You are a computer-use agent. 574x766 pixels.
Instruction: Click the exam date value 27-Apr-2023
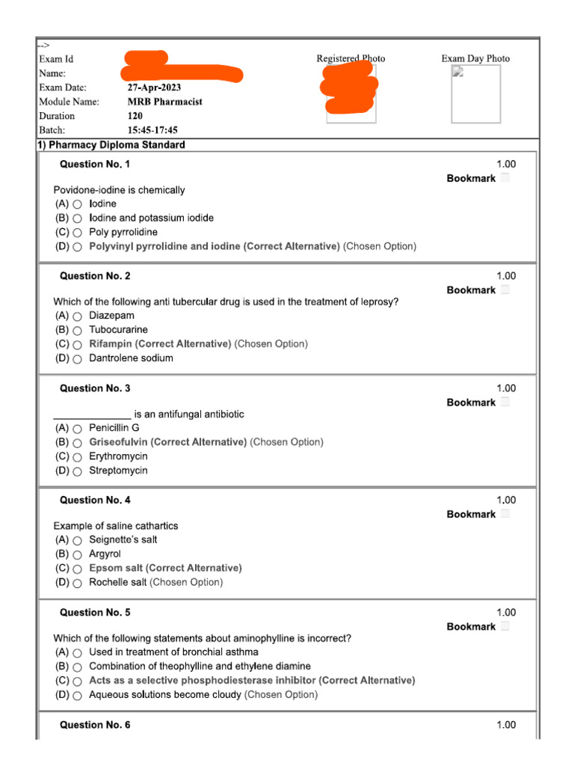pyautogui.click(x=154, y=88)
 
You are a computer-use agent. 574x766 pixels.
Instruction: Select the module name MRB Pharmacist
pyautogui.click(x=164, y=102)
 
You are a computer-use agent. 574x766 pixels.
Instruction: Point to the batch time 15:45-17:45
pyautogui.click(x=152, y=130)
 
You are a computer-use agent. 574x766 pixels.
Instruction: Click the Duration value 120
pyautogui.click(x=135, y=116)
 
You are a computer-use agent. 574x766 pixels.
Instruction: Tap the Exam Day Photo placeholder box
pyautogui.click(x=475, y=94)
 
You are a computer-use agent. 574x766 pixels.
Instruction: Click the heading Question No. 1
pyautogui.click(x=95, y=164)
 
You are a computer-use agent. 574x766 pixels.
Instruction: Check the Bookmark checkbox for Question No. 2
pyautogui.click(x=505, y=289)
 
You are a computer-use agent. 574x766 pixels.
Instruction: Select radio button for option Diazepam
pyautogui.click(x=78, y=316)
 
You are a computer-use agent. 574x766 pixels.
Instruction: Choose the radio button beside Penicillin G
pyautogui.click(x=78, y=429)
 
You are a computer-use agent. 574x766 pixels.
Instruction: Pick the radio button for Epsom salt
pyautogui.click(x=78, y=569)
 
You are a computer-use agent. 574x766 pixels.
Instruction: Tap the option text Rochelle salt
pyautogui.click(x=118, y=582)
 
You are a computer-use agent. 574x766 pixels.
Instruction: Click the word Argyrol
pyautogui.click(x=105, y=554)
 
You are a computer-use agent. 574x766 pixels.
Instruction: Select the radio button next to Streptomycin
pyautogui.click(x=78, y=471)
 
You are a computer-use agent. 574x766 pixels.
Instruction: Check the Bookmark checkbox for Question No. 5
pyautogui.click(x=505, y=626)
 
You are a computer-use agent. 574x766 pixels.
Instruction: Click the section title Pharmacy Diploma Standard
pyautogui.click(x=117, y=144)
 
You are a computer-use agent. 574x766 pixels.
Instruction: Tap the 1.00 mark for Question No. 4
pyautogui.click(x=506, y=500)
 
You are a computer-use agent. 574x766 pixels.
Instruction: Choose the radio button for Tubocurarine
pyautogui.click(x=78, y=330)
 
